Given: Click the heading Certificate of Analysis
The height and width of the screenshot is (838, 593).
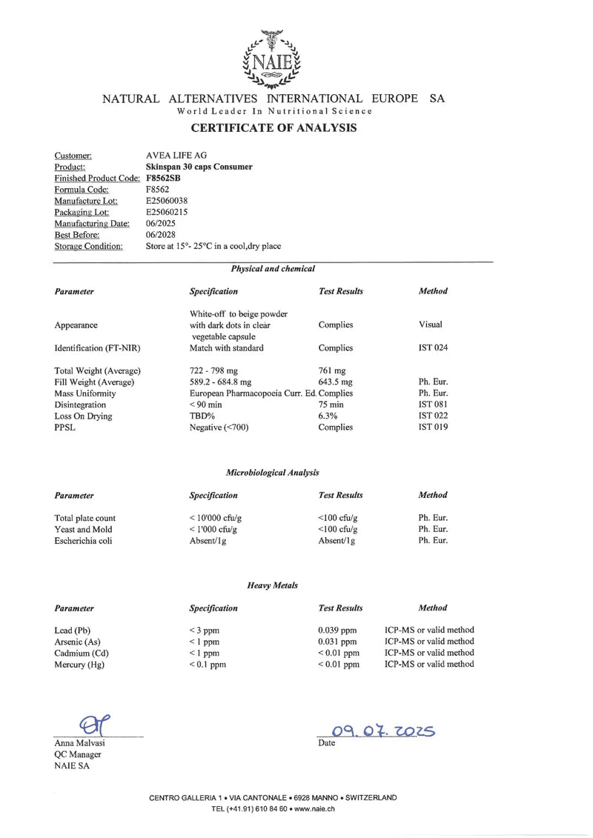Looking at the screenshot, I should tap(274, 128).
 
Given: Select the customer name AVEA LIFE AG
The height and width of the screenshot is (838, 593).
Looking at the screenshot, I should tap(177, 156).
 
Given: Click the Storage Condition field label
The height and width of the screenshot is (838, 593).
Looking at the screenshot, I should tap(89, 246).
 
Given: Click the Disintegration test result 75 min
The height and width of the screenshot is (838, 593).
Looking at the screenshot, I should tap(331, 405).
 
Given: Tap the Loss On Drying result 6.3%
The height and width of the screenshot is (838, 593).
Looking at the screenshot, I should tap(327, 416).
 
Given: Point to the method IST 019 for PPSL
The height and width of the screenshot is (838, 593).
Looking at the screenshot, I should tap(433, 427).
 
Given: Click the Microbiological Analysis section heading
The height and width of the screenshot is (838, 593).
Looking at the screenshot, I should tap(272, 472).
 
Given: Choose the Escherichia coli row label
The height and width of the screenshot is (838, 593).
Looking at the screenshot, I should tap(81, 541).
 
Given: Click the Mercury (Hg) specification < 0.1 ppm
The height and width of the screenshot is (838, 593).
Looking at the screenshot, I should tap(208, 665).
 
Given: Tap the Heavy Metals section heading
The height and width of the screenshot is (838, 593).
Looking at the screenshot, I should tap(272, 585).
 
